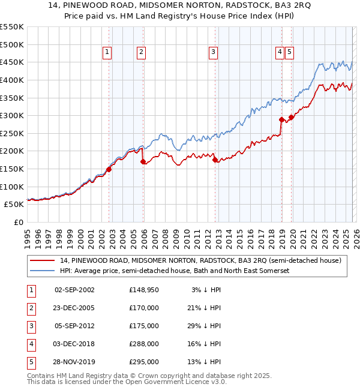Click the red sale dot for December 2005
pos(143,161)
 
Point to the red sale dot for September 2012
pos(215,160)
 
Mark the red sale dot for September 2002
pos(109,169)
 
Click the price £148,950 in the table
pos(143,290)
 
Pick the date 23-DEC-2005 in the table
pos(74,308)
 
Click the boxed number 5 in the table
pos(31,362)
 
